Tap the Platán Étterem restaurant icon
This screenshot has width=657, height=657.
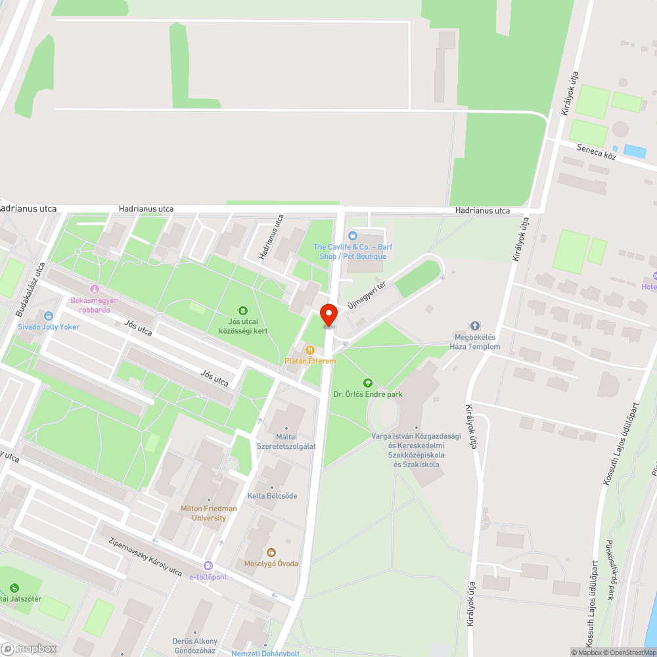[x=310, y=350]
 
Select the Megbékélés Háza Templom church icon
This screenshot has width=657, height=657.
[x=475, y=327]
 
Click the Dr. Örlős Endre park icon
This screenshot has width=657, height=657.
[x=367, y=382]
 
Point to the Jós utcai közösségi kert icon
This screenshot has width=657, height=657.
[x=243, y=310]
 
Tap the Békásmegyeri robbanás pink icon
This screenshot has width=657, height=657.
[x=94, y=288]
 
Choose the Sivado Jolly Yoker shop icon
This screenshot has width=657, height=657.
[x=48, y=316]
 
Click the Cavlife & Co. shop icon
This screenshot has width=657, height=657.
[x=353, y=236]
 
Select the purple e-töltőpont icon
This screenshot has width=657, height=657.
[x=208, y=566]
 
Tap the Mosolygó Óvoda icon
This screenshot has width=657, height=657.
[x=271, y=553]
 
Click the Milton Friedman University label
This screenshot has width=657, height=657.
[x=209, y=513]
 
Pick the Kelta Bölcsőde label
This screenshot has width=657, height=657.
[x=272, y=495]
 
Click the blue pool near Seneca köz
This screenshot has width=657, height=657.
[x=634, y=151]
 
